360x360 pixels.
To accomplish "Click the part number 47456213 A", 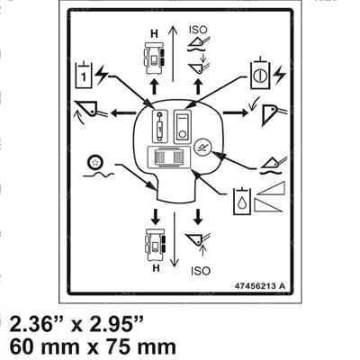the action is [x=259, y=286].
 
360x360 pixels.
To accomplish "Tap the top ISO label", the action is [x=198, y=30].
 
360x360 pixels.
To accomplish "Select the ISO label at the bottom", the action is [x=201, y=271].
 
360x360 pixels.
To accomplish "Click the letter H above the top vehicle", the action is [x=154, y=34].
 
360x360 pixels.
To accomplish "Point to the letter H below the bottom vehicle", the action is [x=156, y=268].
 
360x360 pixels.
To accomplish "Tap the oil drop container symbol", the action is [x=242, y=200].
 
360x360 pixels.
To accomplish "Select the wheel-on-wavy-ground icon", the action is [x=98, y=166].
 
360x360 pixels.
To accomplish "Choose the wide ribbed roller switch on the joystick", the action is [x=170, y=157].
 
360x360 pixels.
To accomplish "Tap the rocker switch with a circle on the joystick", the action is [x=183, y=126].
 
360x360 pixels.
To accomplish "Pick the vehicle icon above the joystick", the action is [x=155, y=58].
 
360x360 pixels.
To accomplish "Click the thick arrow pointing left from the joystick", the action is [x=123, y=113].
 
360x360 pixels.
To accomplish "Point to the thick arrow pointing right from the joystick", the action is [x=236, y=112].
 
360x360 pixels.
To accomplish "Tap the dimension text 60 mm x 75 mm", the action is [x=93, y=346].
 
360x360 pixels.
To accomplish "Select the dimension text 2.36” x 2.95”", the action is [x=76, y=324].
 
